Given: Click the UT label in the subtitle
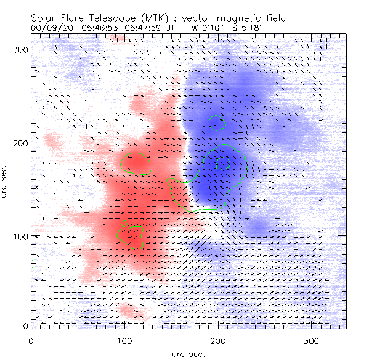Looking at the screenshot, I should [176, 28].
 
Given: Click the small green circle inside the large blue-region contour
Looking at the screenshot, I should [223, 162].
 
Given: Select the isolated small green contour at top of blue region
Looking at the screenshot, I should [217, 123].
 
